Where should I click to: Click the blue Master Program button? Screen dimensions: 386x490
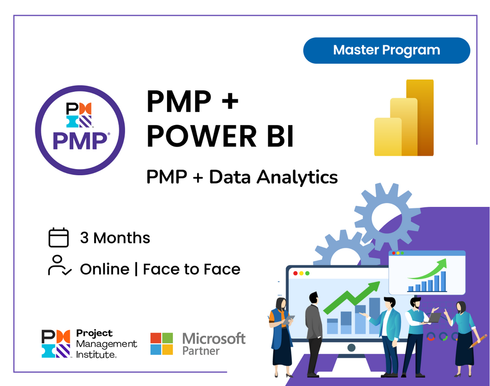pos(387,50)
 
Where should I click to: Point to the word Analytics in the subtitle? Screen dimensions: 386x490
pos(297,177)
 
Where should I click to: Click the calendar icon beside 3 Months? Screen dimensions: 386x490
pos(59,238)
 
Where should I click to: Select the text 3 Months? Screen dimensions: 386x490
pos(115,238)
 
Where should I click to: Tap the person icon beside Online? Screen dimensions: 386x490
pos(59,265)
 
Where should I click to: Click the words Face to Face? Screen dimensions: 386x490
pos(191,269)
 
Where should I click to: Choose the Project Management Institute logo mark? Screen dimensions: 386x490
pos(56,343)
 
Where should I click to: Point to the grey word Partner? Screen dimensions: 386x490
pos(201,351)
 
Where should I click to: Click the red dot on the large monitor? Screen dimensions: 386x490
pos(295,273)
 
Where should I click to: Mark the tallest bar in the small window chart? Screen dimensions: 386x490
pos(443,281)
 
